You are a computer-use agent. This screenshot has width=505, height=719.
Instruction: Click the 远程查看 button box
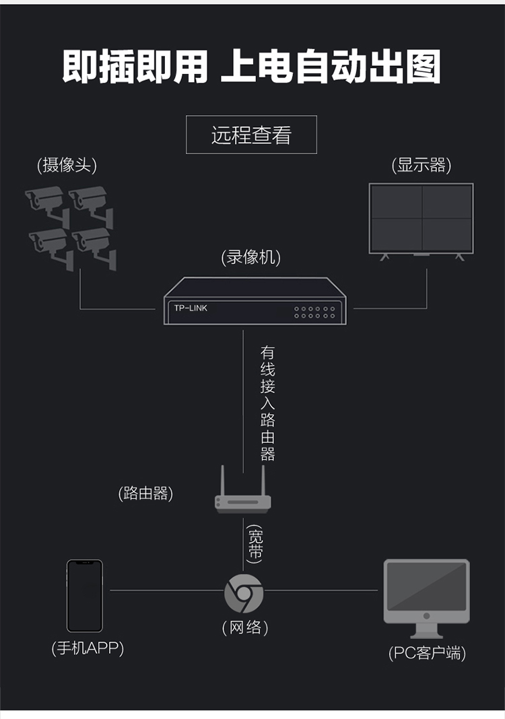pos(251,135)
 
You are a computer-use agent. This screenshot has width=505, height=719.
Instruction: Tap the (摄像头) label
pos(67,165)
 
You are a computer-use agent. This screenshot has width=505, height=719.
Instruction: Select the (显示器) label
pos(422,165)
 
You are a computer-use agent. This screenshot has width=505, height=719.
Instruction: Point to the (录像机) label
pos(250,257)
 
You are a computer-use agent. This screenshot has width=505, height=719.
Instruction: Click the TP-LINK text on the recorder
pos(191,308)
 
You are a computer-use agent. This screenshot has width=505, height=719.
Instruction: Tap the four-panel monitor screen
pos(422,219)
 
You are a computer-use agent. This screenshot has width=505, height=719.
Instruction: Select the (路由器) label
pos(145,493)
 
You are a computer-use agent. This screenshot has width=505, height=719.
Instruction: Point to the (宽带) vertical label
pos(255,544)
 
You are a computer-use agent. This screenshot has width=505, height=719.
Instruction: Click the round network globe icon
pos(243,593)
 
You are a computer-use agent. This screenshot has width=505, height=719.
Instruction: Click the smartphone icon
pos(85,596)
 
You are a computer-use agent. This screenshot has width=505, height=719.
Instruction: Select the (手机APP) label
pos(88,648)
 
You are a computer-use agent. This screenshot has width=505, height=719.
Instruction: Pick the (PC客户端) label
pos(427,652)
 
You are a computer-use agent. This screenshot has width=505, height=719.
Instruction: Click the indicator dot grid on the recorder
pos(314,312)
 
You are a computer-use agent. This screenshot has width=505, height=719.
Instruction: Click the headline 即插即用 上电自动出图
pos(252,67)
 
